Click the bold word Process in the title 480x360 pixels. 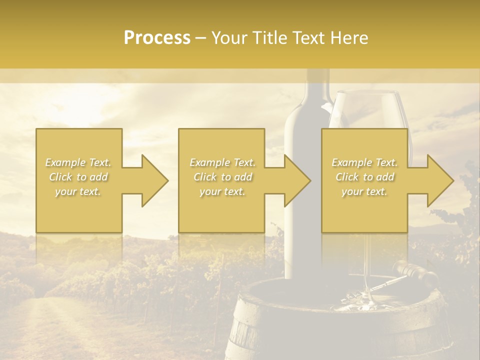[x=157, y=37]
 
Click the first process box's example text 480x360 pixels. [x=78, y=177]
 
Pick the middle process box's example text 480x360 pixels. [x=222, y=177]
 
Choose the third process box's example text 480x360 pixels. [x=364, y=177]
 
